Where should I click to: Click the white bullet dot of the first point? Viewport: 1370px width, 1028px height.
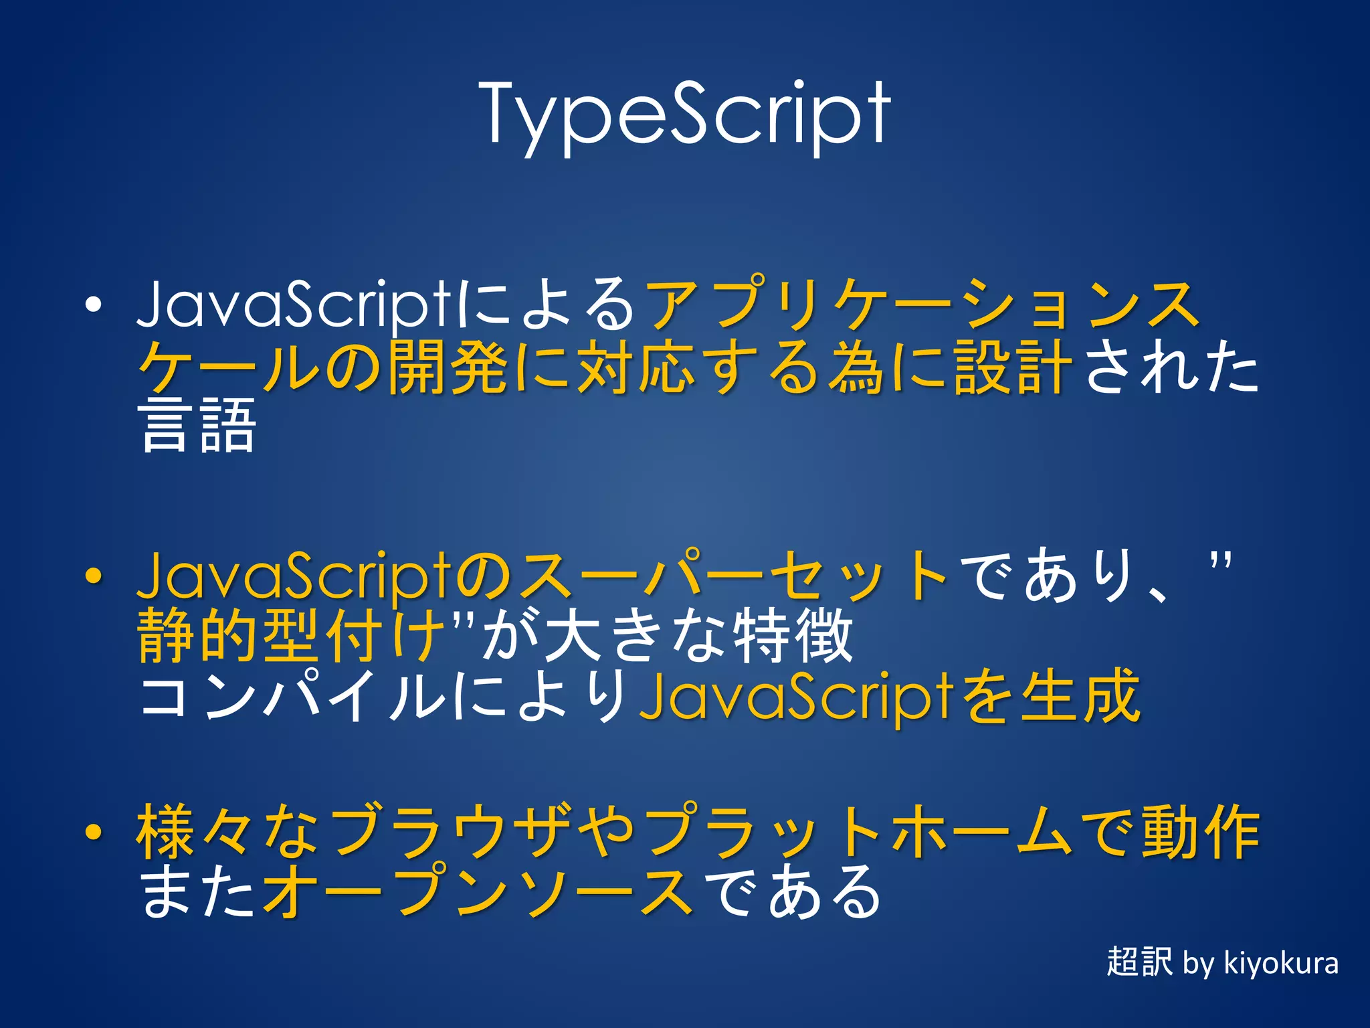(x=94, y=305)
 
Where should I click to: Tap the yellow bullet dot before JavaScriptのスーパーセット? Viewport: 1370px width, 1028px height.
(x=94, y=575)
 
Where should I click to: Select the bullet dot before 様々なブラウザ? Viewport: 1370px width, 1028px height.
(x=94, y=832)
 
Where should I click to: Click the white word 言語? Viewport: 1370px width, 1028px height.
(x=198, y=426)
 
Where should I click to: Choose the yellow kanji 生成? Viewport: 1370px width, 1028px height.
(x=1081, y=697)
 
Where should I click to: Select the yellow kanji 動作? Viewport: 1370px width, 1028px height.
(x=1200, y=832)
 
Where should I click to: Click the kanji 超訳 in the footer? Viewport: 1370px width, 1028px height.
(x=1139, y=962)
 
